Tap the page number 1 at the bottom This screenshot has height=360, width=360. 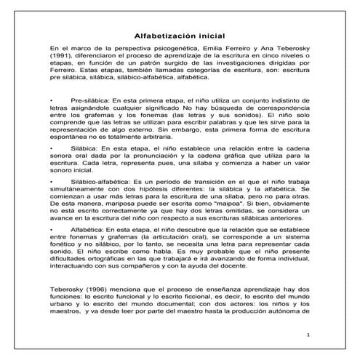[x=308, y=335]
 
